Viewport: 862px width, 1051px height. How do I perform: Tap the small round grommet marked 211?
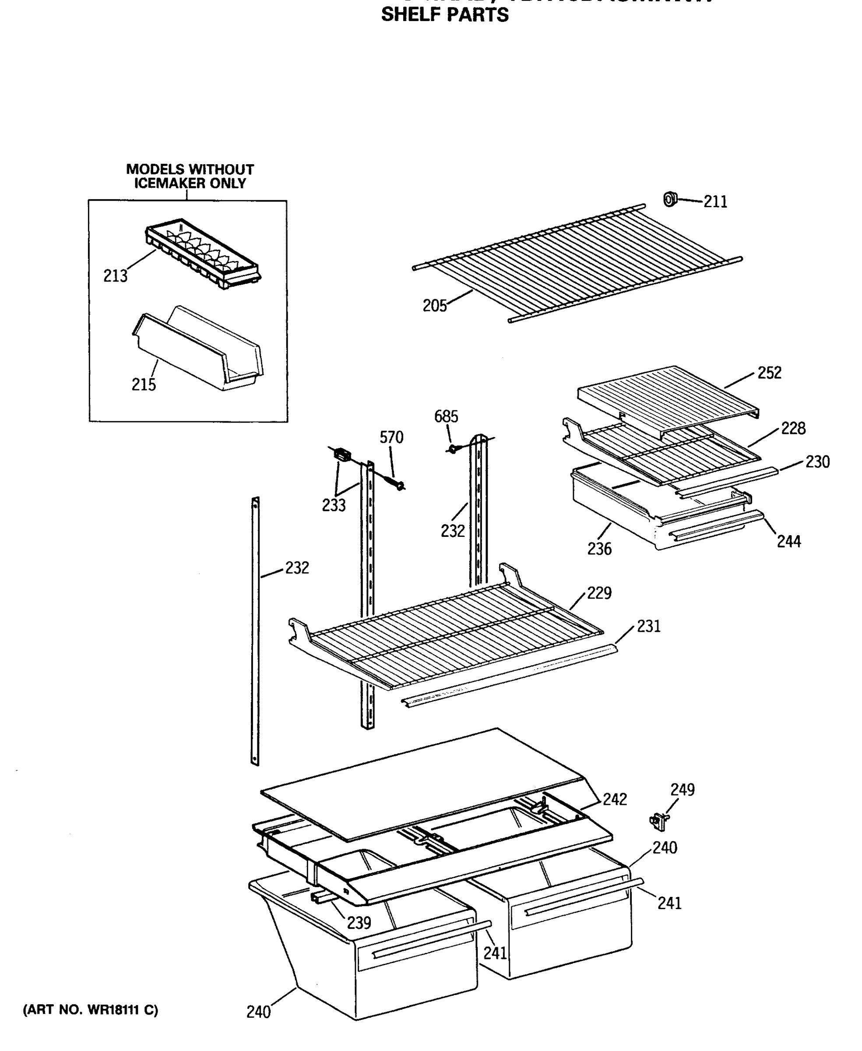click(670, 199)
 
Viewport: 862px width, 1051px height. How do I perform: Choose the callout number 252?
click(769, 373)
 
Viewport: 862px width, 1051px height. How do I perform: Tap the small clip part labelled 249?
click(658, 822)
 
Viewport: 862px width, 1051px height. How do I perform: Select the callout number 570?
click(391, 437)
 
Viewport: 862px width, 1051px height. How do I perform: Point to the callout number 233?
click(334, 505)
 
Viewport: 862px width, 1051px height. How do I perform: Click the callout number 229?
click(599, 593)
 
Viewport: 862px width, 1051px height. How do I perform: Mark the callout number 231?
click(648, 626)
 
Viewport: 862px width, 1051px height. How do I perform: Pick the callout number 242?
click(615, 799)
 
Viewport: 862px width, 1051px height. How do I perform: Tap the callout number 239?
click(359, 923)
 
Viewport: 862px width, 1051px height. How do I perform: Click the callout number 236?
click(599, 549)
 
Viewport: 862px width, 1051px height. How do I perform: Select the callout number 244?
click(788, 541)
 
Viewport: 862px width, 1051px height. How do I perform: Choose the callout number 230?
click(817, 462)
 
